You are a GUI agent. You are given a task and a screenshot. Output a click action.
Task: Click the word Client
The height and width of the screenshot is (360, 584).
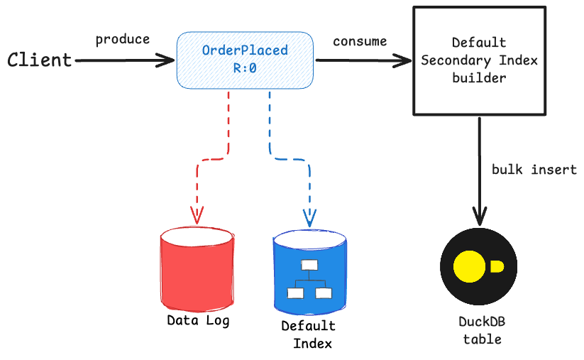point(40,60)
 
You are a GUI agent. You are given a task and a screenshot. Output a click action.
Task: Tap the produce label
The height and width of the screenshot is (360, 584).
point(123,40)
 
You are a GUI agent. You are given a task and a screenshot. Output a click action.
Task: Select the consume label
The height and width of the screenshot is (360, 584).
point(360,41)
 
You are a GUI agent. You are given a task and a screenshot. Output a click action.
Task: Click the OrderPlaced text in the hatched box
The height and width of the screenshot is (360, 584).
point(245,51)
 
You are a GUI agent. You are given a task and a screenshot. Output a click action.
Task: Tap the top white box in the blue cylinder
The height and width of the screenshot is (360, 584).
point(309,266)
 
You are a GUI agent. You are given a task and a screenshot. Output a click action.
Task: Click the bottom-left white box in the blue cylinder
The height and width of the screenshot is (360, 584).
point(294,293)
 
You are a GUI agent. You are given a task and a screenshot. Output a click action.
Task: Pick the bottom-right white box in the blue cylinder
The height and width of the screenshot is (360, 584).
point(324,293)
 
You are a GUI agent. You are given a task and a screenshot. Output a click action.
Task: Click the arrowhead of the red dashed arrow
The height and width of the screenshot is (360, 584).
point(197,215)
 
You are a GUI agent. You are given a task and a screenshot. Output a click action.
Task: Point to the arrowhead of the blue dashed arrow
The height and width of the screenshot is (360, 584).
point(309,216)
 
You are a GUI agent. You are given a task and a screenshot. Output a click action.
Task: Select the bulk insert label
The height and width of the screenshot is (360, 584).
point(534,170)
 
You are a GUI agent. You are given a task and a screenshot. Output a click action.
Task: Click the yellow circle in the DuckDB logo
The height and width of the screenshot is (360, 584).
point(468,266)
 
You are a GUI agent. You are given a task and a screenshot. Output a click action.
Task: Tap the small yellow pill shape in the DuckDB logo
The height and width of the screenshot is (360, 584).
point(497,266)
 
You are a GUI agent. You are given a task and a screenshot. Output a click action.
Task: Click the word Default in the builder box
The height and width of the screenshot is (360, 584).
point(479,43)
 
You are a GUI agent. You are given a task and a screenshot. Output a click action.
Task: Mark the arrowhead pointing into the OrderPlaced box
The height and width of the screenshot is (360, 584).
point(167,61)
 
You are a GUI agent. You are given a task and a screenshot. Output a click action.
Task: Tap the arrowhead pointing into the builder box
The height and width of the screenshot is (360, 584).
point(406,61)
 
